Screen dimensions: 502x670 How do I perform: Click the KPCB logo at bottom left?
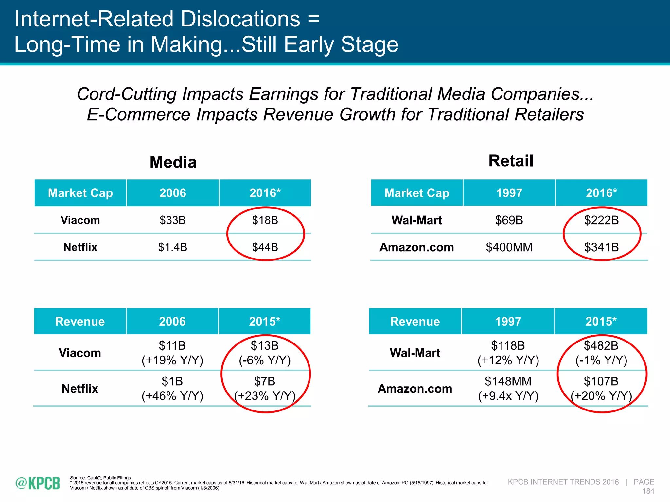tap(38, 483)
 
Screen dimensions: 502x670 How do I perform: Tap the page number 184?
tap(648, 491)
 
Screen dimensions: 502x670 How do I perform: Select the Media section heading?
tap(173, 162)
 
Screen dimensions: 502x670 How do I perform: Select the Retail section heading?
tap(511, 161)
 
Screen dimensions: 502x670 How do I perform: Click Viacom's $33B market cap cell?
tap(172, 220)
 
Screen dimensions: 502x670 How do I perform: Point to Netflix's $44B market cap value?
tap(265, 247)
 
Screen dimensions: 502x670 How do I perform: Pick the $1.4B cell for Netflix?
tap(172, 247)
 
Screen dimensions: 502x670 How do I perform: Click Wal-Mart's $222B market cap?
tap(601, 220)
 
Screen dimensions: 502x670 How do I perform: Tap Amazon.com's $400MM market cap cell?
tap(509, 247)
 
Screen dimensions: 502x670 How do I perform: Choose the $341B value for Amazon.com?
tap(601, 247)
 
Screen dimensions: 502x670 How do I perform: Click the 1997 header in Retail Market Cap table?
tap(509, 193)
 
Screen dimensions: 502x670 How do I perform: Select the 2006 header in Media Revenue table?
tap(172, 321)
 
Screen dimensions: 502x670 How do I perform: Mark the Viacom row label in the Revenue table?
tap(80, 353)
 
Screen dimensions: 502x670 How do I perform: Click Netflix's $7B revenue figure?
tap(265, 381)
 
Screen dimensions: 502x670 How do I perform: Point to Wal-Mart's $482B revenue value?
tap(601, 345)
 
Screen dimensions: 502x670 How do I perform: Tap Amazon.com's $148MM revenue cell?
tap(508, 381)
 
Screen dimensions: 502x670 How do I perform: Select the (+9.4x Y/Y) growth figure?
tap(508, 396)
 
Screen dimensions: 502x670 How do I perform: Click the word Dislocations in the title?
tap(240, 19)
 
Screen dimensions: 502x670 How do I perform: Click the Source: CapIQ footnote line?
tap(100, 478)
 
